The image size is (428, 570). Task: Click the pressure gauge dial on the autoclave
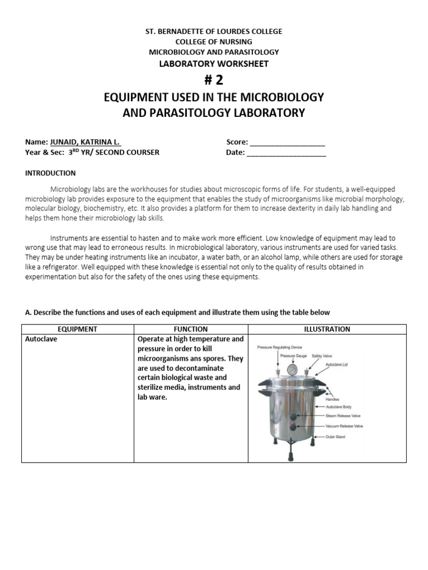tap(291, 370)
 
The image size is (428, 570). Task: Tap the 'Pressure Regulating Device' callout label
tap(283, 347)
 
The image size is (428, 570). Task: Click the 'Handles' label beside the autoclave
tap(333, 399)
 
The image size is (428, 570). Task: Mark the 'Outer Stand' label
tap(335, 437)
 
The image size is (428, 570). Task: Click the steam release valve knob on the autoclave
tap(293, 414)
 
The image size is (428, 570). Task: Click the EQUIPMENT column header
tap(77, 329)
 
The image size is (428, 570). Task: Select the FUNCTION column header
tap(191, 329)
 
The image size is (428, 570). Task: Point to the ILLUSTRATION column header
tap(327, 329)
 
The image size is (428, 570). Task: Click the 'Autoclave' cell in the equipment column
tap(41, 339)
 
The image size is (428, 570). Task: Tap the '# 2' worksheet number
tap(214, 80)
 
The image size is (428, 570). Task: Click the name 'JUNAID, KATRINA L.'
tap(85, 142)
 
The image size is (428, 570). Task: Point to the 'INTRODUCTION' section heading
tap(50, 173)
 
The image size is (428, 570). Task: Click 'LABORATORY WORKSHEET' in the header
tap(214, 63)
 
